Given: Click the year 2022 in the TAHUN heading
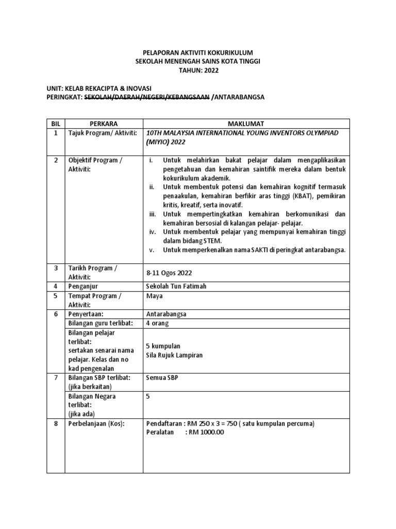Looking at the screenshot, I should coord(210,71).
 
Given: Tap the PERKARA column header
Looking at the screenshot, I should coord(104,124).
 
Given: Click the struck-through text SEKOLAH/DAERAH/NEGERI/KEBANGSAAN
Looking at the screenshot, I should coord(146,97).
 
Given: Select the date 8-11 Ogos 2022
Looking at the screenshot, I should coord(171,272).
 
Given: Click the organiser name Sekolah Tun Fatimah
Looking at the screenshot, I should coord(176,286).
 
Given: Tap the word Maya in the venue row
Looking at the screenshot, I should coord(155,296).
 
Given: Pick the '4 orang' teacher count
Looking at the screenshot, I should coord(157,323).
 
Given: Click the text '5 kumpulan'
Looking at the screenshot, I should coord(163,346).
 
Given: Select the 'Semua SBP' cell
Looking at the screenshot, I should coord(163,378).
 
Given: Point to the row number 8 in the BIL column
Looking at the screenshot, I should coord(56,424).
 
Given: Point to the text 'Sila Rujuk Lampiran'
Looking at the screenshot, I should coord(174,355).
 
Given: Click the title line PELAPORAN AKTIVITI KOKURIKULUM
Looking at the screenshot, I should coord(197,53).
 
